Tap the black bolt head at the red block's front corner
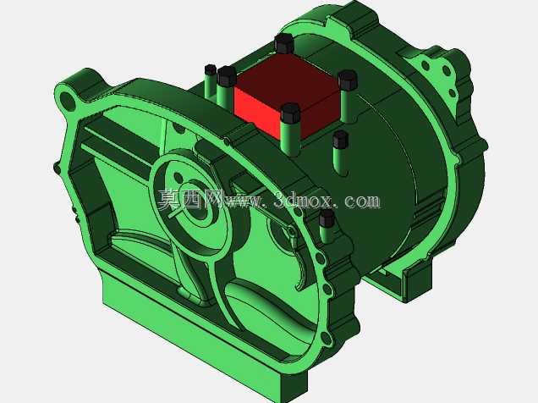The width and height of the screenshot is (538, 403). click(x=290, y=113)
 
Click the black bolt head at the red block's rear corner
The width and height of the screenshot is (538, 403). click(x=284, y=43)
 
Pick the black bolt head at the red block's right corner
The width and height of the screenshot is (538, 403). click(x=348, y=80)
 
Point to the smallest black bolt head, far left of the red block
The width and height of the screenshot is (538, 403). click(x=210, y=69)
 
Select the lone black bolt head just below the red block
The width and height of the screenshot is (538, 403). click(x=340, y=139)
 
